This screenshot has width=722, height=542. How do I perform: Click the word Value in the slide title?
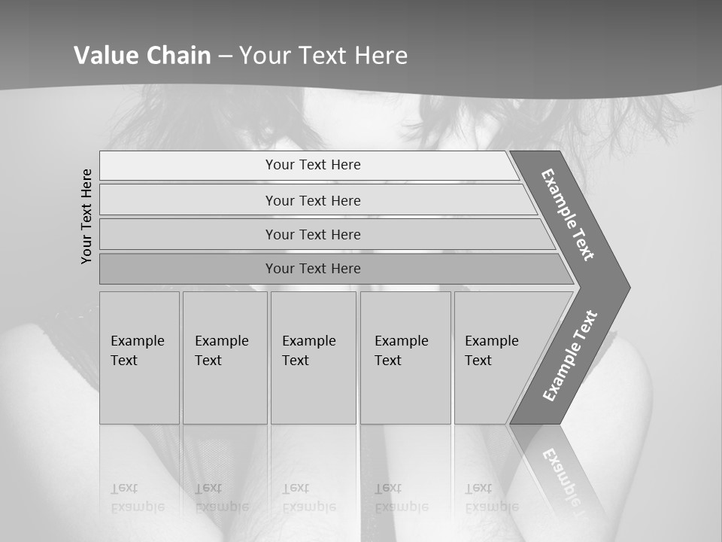click(106, 56)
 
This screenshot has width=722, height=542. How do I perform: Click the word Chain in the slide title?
click(178, 56)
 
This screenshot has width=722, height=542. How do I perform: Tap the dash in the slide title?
click(225, 56)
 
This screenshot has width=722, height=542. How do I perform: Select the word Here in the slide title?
click(380, 56)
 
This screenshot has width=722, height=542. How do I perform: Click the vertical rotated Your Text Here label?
click(86, 216)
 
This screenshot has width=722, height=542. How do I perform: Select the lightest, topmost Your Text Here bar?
click(313, 165)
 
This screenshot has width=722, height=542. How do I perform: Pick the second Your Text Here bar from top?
click(313, 200)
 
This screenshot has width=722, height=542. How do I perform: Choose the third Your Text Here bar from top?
click(313, 234)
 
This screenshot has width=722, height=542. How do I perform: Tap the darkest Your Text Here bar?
click(313, 269)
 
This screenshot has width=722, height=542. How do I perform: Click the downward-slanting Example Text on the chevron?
click(568, 215)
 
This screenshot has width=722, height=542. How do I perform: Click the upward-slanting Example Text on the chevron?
click(570, 355)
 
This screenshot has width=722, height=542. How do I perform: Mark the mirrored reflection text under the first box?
click(137, 498)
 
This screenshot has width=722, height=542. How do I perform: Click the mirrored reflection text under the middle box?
click(308, 498)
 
